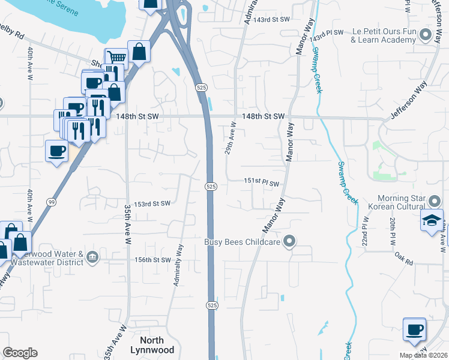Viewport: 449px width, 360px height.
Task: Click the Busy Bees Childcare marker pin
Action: click(x=290, y=242)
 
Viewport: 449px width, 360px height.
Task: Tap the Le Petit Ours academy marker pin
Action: click(x=426, y=35)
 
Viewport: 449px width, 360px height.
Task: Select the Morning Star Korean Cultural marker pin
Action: click(x=435, y=199)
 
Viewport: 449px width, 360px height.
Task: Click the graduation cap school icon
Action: click(x=432, y=220)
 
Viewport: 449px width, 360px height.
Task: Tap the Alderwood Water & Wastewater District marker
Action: click(x=93, y=257)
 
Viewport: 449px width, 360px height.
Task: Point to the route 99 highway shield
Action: click(x=52, y=203)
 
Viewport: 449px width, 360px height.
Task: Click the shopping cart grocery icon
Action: click(x=116, y=58)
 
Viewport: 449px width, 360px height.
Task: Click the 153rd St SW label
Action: click(x=152, y=203)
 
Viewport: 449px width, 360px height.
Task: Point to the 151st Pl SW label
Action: click(x=262, y=182)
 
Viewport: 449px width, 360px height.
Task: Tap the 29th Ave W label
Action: click(x=231, y=139)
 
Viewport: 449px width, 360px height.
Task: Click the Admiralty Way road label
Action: click(x=178, y=265)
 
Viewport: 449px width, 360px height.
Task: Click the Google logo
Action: click(x=20, y=353)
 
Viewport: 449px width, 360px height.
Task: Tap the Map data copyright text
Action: click(x=423, y=355)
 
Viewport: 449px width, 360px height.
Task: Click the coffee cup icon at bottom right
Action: click(x=414, y=329)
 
